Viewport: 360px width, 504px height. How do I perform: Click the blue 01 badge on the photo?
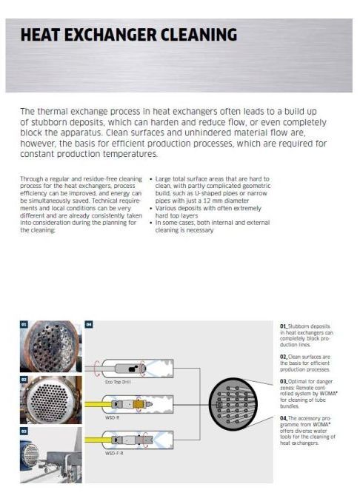(x=24, y=324)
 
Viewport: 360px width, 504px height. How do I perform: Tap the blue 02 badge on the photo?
(x=24, y=379)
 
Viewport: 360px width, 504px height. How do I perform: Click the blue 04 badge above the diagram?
(x=89, y=324)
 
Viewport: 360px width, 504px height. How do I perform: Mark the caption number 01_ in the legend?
(x=284, y=326)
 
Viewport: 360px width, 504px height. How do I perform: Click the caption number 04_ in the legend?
(x=284, y=418)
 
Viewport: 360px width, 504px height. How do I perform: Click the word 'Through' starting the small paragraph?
(x=30, y=179)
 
